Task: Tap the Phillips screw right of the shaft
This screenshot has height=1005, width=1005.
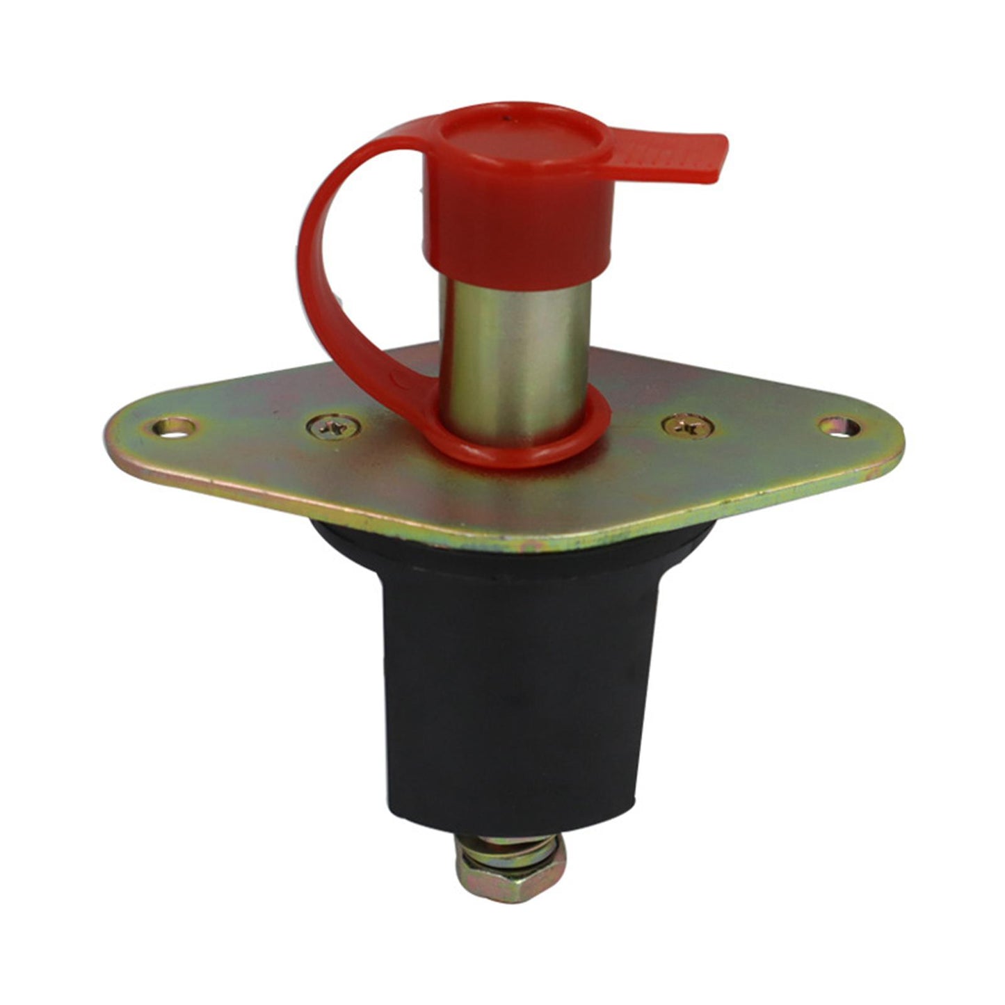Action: pyautogui.click(x=687, y=426)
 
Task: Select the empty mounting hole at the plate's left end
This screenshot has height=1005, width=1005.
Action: pyautogui.click(x=172, y=426)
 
